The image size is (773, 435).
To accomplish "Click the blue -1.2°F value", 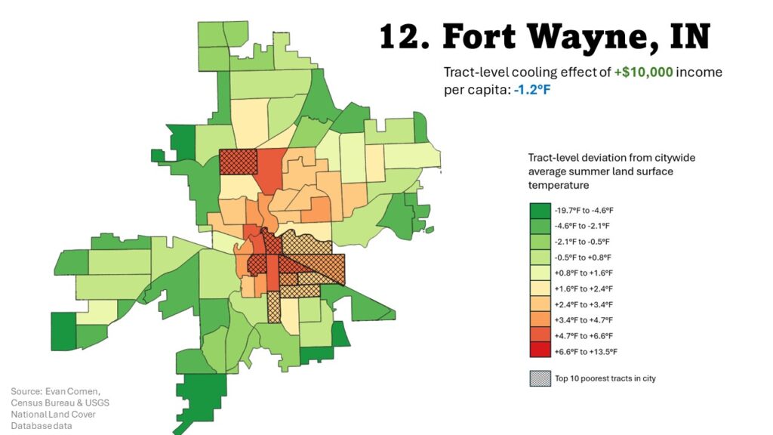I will [x=524, y=88].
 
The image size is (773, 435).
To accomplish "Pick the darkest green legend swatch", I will [x=539, y=209].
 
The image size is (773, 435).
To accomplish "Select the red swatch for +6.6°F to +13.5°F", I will [x=539, y=352].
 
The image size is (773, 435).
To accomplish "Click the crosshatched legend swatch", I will [x=539, y=378].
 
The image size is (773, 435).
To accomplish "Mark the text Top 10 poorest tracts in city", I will [x=605, y=378].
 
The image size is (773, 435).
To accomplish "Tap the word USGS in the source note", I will [x=96, y=403].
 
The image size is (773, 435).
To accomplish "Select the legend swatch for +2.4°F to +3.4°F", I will [x=539, y=304].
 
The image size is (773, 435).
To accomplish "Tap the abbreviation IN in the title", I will [x=689, y=36].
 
